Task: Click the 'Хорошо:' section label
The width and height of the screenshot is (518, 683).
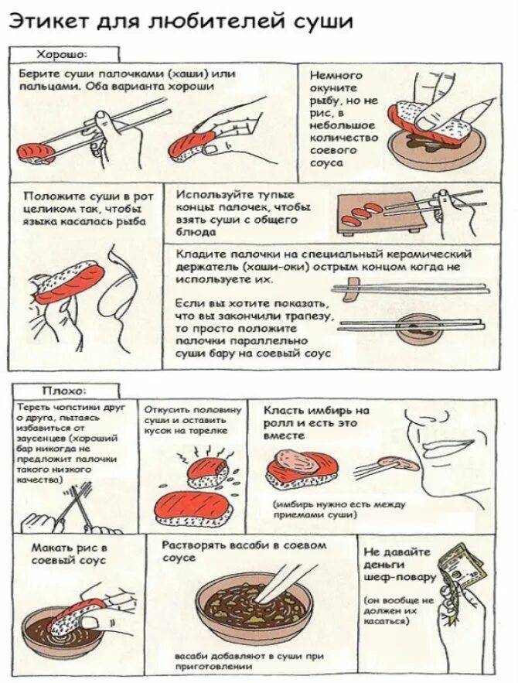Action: click(x=61, y=54)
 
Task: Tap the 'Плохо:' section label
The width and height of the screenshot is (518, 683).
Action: click(x=64, y=391)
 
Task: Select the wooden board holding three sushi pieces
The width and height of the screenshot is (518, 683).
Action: click(x=377, y=213)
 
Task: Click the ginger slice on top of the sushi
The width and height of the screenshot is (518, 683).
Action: click(x=298, y=461)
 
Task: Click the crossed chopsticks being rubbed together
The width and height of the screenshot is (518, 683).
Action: click(x=77, y=504)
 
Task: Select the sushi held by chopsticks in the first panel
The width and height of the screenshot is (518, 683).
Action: click(x=36, y=152)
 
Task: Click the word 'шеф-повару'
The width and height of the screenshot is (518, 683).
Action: click(x=399, y=578)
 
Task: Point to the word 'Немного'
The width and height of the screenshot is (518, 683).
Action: click(x=336, y=75)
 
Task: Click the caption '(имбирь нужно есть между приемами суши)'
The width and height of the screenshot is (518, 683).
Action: click(x=339, y=510)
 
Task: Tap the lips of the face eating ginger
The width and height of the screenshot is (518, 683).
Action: click(x=446, y=446)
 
